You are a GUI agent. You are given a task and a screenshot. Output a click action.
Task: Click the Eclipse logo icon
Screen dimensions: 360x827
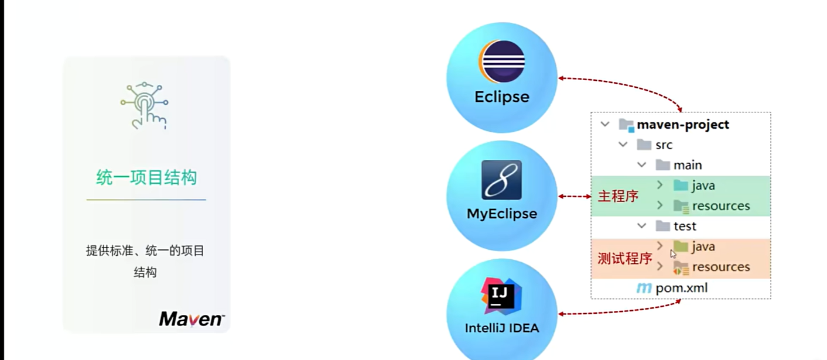pyautogui.click(x=502, y=61)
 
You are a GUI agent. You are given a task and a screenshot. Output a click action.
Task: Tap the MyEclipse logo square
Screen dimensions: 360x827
pyautogui.click(x=501, y=180)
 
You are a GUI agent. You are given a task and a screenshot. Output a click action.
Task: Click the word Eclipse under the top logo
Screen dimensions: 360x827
pyautogui.click(x=502, y=97)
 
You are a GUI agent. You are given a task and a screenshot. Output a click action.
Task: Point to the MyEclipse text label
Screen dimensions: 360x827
pyautogui.click(x=502, y=214)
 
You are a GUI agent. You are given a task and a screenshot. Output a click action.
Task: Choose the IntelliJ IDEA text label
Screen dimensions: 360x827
pyautogui.click(x=502, y=328)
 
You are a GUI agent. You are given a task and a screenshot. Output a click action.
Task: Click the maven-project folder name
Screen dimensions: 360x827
pyautogui.click(x=683, y=125)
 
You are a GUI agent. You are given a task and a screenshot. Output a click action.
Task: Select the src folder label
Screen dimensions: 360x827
pyautogui.click(x=664, y=145)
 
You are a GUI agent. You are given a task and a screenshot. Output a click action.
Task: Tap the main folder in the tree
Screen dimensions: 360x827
pyautogui.click(x=688, y=166)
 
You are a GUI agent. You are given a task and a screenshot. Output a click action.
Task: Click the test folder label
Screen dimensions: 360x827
pyautogui.click(x=685, y=227)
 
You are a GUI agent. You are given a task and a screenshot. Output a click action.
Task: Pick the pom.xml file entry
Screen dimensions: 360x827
pyautogui.click(x=681, y=288)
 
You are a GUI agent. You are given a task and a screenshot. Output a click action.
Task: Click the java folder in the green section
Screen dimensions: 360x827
pyautogui.click(x=703, y=186)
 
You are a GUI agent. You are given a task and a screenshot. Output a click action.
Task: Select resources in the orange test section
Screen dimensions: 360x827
pyautogui.click(x=720, y=267)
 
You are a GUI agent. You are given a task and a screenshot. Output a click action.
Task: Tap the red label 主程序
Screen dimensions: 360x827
pyautogui.click(x=618, y=197)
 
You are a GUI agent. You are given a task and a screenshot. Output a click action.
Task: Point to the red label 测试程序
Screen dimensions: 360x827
pyautogui.click(x=624, y=258)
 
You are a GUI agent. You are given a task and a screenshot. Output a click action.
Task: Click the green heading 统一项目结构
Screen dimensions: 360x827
pyautogui.click(x=146, y=177)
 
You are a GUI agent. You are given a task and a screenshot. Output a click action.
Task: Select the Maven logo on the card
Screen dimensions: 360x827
pyautogui.click(x=192, y=319)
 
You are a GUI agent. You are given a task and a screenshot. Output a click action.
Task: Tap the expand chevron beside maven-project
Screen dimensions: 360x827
pyautogui.click(x=605, y=125)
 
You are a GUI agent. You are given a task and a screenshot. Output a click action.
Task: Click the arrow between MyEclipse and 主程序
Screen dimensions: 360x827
pyautogui.click(x=575, y=197)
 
